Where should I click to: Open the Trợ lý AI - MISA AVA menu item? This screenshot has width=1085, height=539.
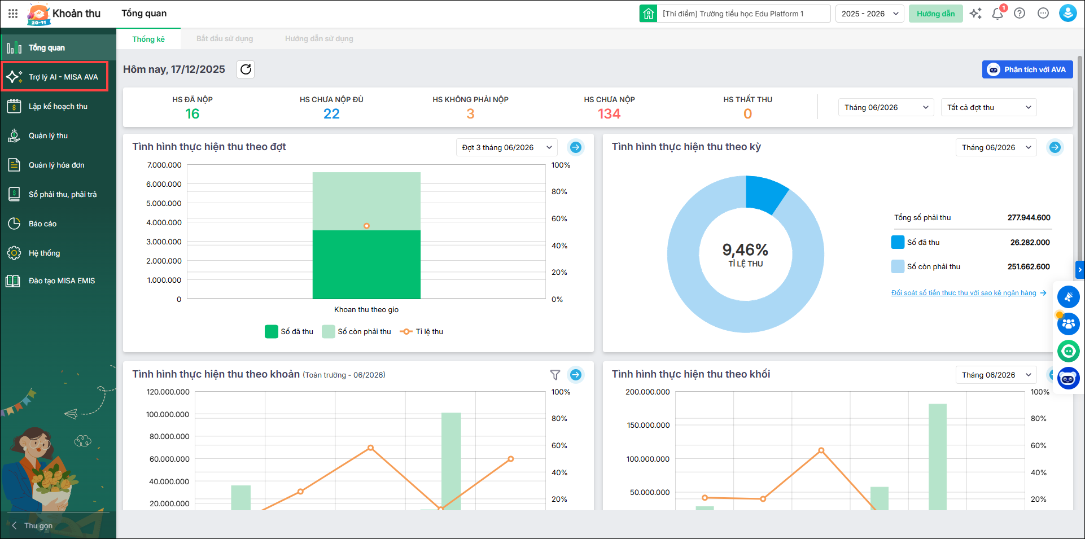click(x=55, y=77)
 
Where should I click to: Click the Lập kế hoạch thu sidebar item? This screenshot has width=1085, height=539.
click(x=58, y=106)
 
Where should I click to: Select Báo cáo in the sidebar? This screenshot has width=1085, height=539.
click(x=42, y=224)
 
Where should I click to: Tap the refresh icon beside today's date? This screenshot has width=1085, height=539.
click(x=246, y=69)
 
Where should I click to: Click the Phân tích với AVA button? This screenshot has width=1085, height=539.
click(x=1027, y=69)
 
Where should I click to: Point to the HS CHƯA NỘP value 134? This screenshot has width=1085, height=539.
click(x=609, y=114)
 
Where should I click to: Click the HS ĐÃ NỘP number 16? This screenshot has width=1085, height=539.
click(x=193, y=114)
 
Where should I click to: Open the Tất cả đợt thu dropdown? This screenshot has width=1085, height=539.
click(x=988, y=107)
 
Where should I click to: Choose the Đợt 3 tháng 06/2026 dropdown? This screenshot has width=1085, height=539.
click(x=506, y=147)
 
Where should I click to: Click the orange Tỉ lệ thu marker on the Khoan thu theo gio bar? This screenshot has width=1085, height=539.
click(x=366, y=226)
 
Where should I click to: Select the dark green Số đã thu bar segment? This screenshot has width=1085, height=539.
click(x=366, y=264)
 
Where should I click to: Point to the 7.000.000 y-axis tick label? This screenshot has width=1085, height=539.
click(x=164, y=165)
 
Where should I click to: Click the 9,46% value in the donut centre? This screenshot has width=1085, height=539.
click(x=745, y=249)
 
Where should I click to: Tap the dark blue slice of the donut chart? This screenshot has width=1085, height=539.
click(x=764, y=192)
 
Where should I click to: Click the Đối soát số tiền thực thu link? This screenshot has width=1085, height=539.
click(x=964, y=293)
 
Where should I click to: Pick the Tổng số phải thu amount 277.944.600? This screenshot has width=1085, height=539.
click(x=1029, y=217)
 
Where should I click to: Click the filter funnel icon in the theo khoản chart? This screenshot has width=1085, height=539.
click(x=555, y=375)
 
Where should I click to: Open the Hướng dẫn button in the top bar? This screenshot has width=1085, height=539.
click(x=935, y=14)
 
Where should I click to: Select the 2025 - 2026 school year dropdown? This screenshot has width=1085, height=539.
click(x=869, y=14)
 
